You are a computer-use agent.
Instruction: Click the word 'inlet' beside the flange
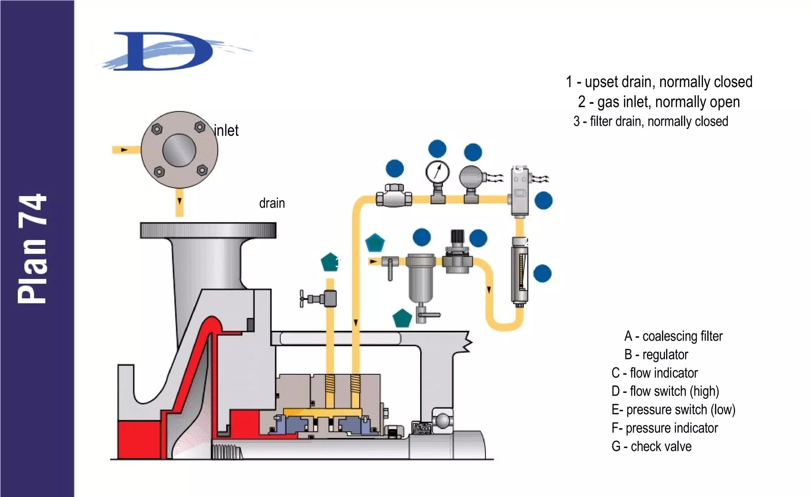(226, 131)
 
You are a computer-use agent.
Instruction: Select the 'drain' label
(272, 203)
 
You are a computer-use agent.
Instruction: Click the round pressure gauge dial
(437, 172)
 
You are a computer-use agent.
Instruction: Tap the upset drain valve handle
(303, 298)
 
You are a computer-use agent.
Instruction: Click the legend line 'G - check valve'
(651, 446)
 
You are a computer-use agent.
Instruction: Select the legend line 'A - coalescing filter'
(673, 336)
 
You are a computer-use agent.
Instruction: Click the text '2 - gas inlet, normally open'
(659, 102)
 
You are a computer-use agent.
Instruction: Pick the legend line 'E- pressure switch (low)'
(673, 410)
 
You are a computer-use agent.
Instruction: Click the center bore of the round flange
(179, 150)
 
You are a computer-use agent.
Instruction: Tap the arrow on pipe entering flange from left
(124, 150)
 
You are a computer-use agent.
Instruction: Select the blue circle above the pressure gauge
(437, 149)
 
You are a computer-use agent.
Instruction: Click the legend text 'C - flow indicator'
(654, 373)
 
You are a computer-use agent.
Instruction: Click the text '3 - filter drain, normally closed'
(651, 121)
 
